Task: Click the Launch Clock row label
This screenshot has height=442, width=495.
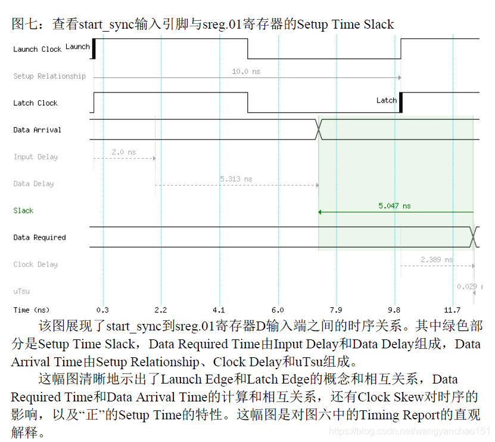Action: [x=37, y=50]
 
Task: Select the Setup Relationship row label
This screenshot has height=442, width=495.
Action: [x=49, y=76]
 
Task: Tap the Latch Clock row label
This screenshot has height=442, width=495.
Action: [x=35, y=103]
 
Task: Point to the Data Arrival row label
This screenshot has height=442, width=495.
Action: [x=37, y=130]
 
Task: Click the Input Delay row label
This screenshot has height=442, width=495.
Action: [x=35, y=157]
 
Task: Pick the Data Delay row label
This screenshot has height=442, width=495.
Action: [x=33, y=184]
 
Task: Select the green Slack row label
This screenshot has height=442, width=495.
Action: [x=23, y=211]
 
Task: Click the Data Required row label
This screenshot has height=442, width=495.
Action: [x=39, y=237]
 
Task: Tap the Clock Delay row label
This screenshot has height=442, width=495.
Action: [x=35, y=264]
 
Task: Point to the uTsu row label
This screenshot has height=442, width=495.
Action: [x=21, y=291]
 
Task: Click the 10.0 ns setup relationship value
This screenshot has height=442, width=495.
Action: [x=246, y=72]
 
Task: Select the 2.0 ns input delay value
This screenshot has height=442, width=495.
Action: [x=123, y=152]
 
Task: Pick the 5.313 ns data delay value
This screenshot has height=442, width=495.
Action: [x=236, y=179]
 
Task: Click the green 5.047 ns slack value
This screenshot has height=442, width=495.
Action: [x=394, y=206]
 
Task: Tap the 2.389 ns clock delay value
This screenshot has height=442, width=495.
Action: [x=437, y=259]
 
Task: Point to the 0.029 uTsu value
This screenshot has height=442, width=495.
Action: [x=466, y=286]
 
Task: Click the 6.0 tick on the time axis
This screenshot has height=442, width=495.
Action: [x=278, y=310]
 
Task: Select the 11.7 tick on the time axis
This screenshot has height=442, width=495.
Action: [x=453, y=310]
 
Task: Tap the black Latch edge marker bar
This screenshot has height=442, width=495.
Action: [x=400, y=103]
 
